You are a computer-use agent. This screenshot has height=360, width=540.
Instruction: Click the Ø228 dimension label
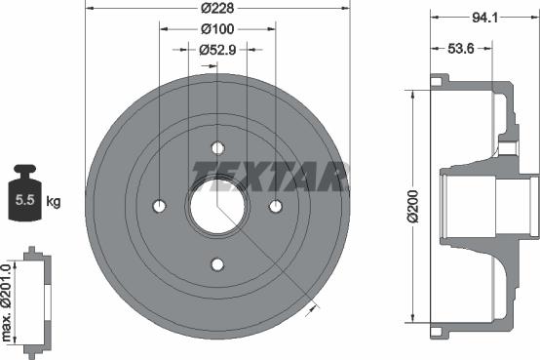(x=217, y=10)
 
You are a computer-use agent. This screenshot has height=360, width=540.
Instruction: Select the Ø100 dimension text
(x=217, y=29)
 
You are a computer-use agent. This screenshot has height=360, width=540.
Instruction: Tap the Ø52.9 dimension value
(x=217, y=49)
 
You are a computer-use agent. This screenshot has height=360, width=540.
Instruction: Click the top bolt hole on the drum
(x=217, y=148)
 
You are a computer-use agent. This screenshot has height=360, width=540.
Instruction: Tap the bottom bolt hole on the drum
(x=217, y=264)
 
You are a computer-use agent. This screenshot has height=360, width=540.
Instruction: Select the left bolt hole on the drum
(x=160, y=206)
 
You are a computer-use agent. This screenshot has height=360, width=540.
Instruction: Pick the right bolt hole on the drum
(x=276, y=206)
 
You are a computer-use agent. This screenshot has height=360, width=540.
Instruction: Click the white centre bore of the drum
(x=217, y=206)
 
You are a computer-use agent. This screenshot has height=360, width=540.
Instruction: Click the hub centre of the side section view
(x=487, y=206)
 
